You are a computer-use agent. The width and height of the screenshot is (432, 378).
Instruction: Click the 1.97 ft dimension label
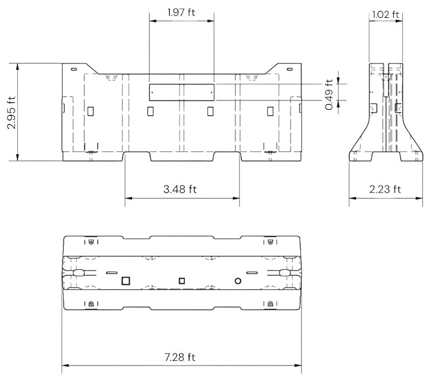181,12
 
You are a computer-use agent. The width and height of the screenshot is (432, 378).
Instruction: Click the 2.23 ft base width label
385,189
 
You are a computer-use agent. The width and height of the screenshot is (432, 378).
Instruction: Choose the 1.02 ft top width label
385,15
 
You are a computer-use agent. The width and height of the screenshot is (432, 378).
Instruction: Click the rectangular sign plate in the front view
181,92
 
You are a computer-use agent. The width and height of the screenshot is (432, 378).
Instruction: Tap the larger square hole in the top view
126,280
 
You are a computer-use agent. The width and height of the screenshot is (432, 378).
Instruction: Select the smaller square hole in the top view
182,280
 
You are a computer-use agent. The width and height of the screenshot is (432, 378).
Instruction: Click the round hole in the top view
237,280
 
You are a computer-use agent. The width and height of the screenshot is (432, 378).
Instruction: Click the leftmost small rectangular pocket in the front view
91,111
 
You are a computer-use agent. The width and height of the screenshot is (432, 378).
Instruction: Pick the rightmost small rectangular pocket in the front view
271,111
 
